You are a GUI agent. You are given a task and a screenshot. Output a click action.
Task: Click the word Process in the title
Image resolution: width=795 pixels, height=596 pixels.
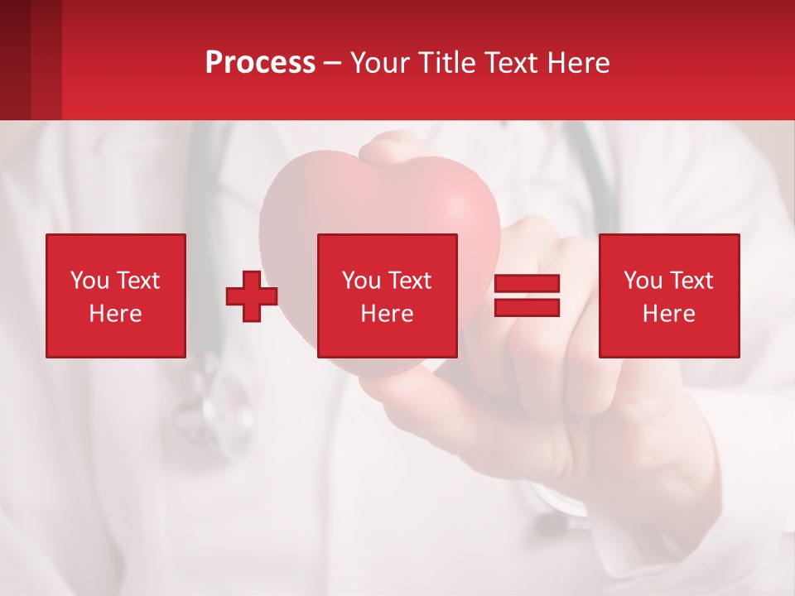click(x=260, y=63)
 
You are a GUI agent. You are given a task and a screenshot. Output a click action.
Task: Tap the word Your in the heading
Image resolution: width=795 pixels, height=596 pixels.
click(x=381, y=63)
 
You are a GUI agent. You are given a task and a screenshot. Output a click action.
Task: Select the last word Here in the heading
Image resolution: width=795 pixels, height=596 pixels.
click(x=578, y=63)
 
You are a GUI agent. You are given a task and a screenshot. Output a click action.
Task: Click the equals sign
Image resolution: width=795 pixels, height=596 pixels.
click(x=527, y=296)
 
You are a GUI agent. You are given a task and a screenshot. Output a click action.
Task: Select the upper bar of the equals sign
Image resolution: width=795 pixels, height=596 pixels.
click(x=527, y=284)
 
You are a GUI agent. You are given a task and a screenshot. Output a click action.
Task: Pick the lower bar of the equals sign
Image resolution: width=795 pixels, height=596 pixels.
click(x=527, y=307)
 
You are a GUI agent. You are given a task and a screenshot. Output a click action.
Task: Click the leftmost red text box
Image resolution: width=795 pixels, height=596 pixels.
click(x=115, y=296)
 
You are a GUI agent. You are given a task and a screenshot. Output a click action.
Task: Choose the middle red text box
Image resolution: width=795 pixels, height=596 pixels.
click(x=387, y=296)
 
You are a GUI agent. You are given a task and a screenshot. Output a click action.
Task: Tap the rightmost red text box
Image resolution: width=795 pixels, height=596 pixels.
click(x=668, y=296)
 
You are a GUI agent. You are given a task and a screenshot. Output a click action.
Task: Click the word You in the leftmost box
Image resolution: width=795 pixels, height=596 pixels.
click(x=89, y=281)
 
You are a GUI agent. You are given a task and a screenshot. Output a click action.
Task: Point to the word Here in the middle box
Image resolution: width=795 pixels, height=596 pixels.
click(x=387, y=314)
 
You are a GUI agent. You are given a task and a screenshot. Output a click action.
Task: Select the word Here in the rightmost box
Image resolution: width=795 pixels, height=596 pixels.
click(x=668, y=314)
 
